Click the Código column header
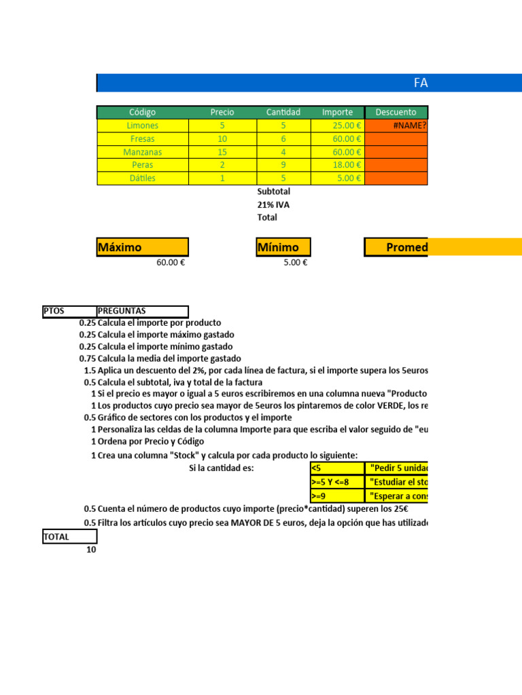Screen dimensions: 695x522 click(x=142, y=112)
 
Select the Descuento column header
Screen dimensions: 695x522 click(x=396, y=112)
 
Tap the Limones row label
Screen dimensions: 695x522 click(x=142, y=126)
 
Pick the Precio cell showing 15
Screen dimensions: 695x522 click(x=222, y=152)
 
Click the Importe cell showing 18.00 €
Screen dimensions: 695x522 click(x=338, y=165)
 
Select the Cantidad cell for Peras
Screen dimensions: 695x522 click(x=283, y=165)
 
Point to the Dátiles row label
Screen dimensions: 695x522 click(x=142, y=179)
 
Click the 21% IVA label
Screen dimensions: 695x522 click(x=274, y=204)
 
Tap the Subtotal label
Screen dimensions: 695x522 click(x=274, y=191)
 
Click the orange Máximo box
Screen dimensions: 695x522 click(x=143, y=247)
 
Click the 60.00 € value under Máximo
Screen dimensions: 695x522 click(x=171, y=263)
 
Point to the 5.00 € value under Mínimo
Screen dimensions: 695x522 click(x=295, y=263)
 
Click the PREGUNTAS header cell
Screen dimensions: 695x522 click(x=143, y=311)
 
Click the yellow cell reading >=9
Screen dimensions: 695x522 click(x=336, y=495)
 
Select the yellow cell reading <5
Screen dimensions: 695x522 click(x=336, y=468)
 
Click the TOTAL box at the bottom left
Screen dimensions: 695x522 click(x=69, y=537)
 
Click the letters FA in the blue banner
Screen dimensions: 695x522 click(x=421, y=83)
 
